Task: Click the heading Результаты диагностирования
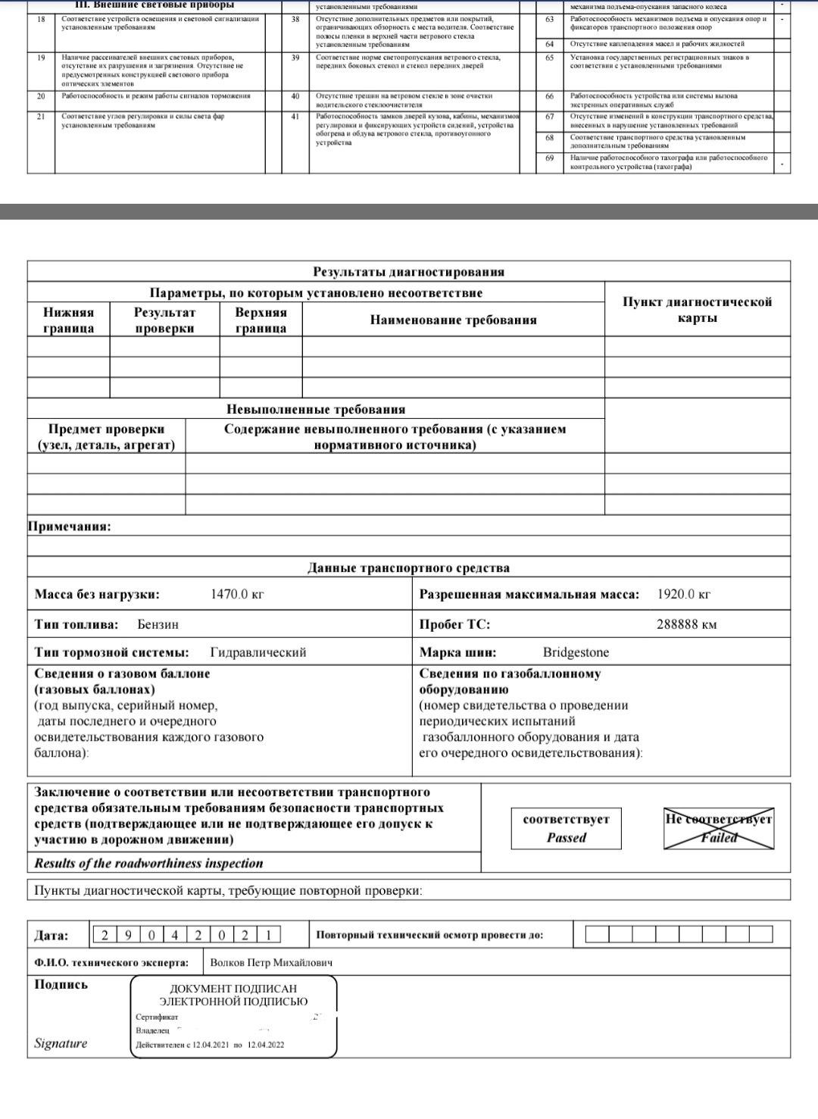coord(408,272)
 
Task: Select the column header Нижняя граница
coord(68,320)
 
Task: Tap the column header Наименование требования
coord(453,320)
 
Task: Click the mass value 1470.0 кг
coord(237,595)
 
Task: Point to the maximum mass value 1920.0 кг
coord(684,595)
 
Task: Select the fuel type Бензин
coord(158,624)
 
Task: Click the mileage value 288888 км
coord(686,625)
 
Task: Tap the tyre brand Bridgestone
coord(576,652)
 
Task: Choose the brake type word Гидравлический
coord(258,652)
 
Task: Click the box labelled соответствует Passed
coord(566,828)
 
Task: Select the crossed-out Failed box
coord(719,828)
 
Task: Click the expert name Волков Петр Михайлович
coord(271,963)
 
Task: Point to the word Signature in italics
coord(61,1043)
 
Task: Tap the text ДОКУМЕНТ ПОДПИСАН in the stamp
coord(233,989)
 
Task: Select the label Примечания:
coord(69,527)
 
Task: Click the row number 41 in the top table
coord(295,117)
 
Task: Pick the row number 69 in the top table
coord(549,158)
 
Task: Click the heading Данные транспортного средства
coord(408,568)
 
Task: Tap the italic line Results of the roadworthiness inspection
coord(148,863)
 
